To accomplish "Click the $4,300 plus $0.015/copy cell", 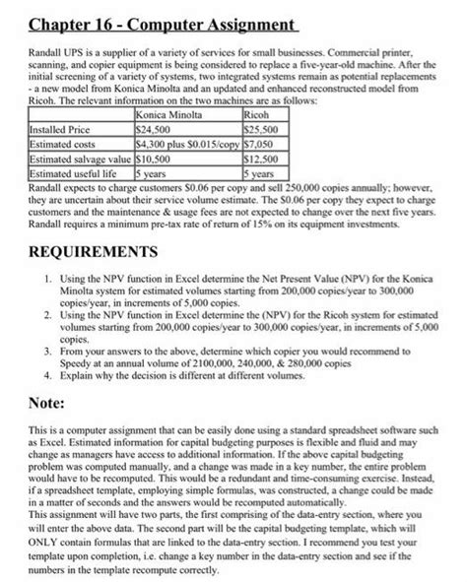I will [x=184, y=142].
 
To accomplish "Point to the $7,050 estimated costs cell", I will [x=255, y=142].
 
